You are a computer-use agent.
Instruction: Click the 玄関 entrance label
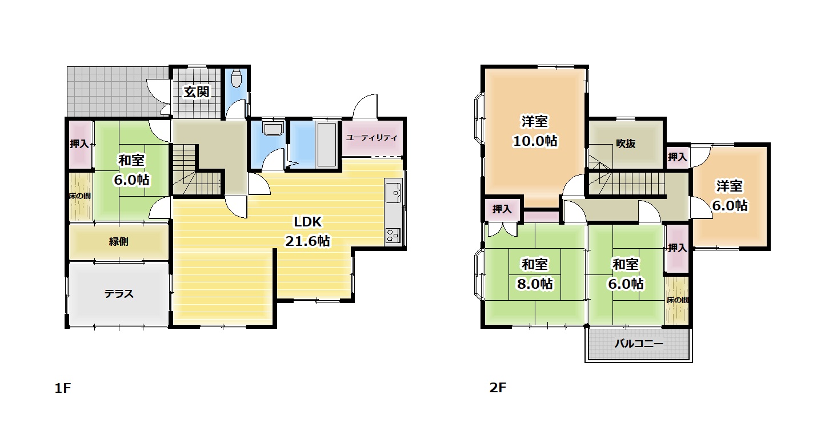point(196,91)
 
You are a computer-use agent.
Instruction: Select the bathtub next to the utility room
point(327,144)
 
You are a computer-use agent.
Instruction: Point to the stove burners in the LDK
point(393,236)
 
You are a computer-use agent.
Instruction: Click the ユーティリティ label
point(372,137)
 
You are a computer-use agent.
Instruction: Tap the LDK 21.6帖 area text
point(307,232)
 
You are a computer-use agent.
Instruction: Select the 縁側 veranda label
point(118,241)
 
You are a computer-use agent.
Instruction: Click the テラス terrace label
point(119,294)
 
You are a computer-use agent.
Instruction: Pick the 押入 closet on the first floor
point(79,144)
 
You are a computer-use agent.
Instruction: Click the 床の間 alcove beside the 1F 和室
point(80,196)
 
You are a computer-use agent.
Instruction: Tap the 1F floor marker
point(63,388)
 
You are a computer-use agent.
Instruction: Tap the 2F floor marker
point(498,387)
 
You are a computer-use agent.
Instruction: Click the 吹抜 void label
point(626,144)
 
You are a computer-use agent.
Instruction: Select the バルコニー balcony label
point(639,344)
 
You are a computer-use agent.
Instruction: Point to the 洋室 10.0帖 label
point(535,131)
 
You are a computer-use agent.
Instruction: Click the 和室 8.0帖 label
point(535,274)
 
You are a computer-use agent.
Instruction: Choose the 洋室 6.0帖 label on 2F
point(730,196)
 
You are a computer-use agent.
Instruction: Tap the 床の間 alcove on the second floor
point(676,300)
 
